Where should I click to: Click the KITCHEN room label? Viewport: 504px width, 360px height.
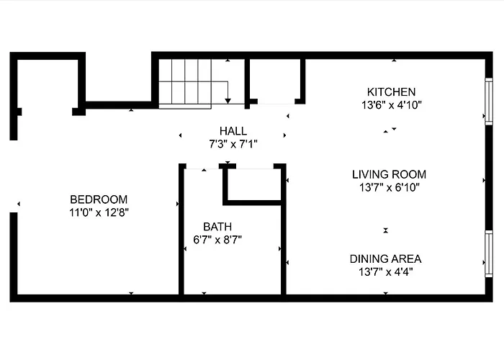(391, 92)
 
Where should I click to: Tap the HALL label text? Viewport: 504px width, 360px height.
(233, 131)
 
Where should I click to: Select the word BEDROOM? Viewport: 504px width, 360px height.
(99, 199)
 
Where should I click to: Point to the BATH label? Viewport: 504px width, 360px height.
(217, 227)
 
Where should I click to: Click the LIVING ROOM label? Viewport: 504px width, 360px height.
(389, 174)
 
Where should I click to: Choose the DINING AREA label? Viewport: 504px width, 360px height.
(385, 258)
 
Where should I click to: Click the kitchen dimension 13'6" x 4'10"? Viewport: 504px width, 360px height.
(391, 105)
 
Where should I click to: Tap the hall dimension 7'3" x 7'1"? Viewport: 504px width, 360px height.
(233, 144)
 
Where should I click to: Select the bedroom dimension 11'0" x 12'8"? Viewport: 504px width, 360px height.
(99, 212)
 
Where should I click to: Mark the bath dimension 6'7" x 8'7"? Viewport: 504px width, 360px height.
(217, 240)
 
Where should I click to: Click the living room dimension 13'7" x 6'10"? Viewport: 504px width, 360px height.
(390, 187)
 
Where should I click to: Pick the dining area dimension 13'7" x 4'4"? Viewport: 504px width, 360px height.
(385, 272)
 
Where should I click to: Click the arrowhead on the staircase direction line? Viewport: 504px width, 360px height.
(228, 102)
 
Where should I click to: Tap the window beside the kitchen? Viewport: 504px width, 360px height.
(489, 102)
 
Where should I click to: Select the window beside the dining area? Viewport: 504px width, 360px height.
(489, 253)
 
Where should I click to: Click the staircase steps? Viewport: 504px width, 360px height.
(185, 84)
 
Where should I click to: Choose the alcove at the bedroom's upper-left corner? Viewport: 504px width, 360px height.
(48, 84)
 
